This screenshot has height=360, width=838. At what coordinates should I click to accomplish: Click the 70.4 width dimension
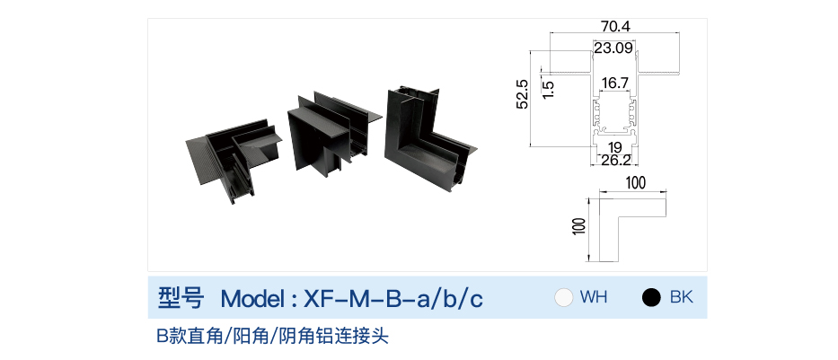click(x=615, y=26)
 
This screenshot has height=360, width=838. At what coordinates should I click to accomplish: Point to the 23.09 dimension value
click(x=613, y=48)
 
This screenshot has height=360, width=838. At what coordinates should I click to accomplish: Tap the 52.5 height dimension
click(x=522, y=94)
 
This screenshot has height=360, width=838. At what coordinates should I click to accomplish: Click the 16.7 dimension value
click(x=614, y=83)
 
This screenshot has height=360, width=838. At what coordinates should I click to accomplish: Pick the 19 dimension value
click(x=614, y=147)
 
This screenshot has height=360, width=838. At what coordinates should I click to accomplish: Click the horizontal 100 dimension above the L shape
click(x=635, y=182)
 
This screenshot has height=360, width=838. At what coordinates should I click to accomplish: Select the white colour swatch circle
click(x=564, y=297)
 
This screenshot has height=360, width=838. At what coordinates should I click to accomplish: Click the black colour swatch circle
click(x=651, y=297)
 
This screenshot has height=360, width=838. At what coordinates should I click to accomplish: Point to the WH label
click(x=594, y=297)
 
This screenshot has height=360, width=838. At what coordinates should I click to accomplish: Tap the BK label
click(x=682, y=297)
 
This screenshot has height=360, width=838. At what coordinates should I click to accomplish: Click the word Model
click(x=253, y=299)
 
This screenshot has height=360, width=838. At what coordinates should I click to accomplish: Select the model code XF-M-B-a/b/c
click(x=393, y=299)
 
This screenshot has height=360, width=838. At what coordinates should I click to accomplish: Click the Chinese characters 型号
click(x=181, y=298)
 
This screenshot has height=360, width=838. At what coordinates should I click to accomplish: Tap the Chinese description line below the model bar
click(x=272, y=337)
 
